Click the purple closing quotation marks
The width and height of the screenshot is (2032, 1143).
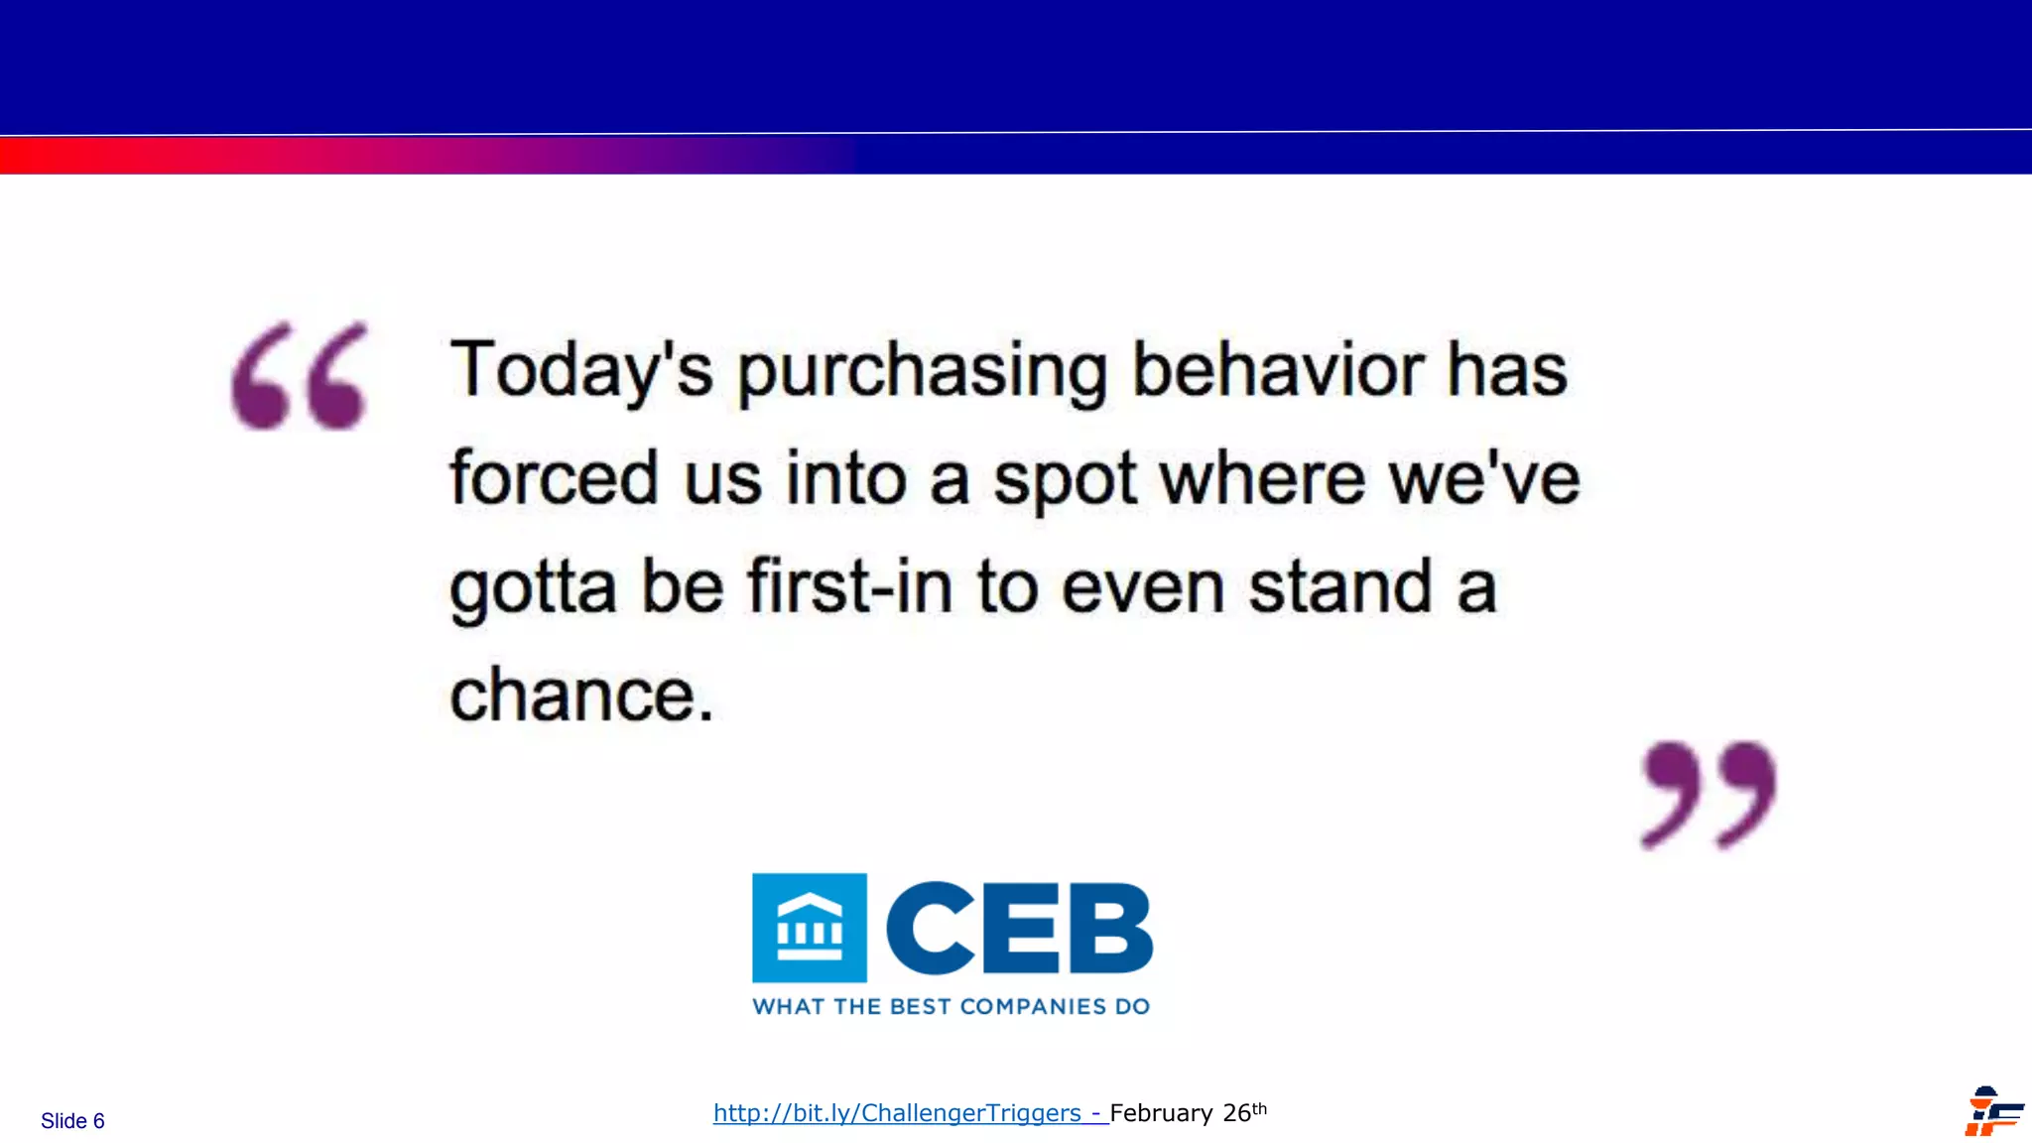(x=1709, y=794)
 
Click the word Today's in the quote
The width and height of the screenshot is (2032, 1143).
(x=581, y=369)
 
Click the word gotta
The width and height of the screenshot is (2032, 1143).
(x=533, y=587)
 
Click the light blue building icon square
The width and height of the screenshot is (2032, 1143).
(x=810, y=928)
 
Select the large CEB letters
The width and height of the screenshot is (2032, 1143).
(x=1019, y=929)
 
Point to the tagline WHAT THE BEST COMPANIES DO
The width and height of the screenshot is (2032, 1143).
(x=952, y=1006)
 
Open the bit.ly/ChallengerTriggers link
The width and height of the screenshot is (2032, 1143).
(x=897, y=1113)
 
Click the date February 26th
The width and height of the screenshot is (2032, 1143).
(x=1187, y=1113)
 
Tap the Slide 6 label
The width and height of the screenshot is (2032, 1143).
(x=72, y=1121)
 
